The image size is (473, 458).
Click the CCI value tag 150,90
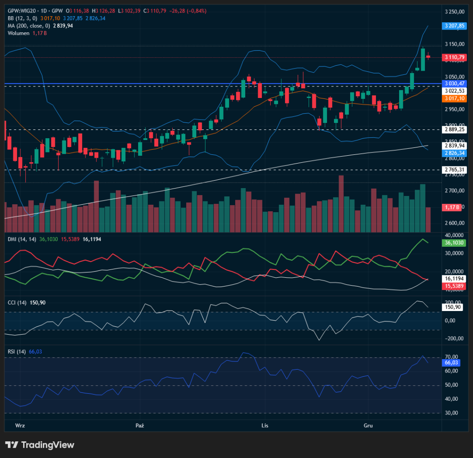pos(453,307)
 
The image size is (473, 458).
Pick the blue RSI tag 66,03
pos(451,363)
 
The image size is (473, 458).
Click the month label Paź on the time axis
pos(140,425)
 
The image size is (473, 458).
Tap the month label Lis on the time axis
pos(265,425)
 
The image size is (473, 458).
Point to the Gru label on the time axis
pos(368,425)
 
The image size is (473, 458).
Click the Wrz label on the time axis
pos(19,425)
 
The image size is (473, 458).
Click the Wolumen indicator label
pos(18,33)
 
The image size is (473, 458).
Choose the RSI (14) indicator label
pos(17,352)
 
